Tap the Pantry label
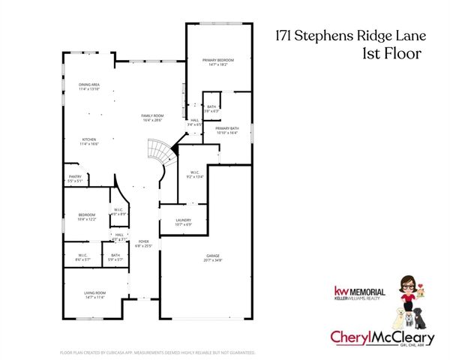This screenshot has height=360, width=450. click(75, 178)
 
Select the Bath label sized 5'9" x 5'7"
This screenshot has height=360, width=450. click(115, 256)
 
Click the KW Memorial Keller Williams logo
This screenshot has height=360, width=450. click(359, 294)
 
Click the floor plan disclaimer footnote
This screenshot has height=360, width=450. click(157, 352)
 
